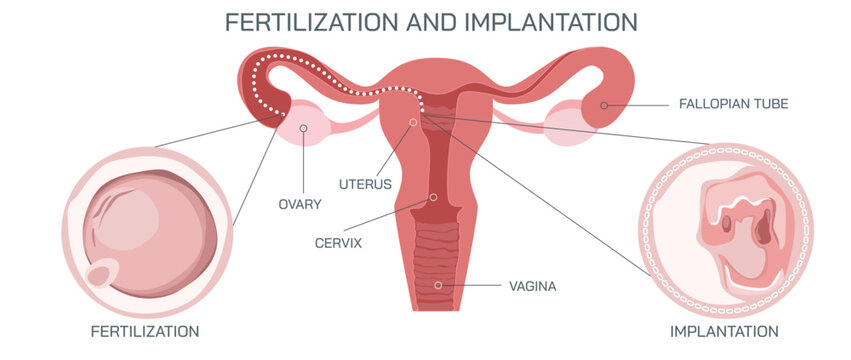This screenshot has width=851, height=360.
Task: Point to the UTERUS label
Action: point(365,184)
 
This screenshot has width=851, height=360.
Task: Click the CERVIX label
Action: point(339,242)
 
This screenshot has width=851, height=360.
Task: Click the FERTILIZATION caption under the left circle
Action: point(146,331)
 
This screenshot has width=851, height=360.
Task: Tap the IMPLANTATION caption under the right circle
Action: point(724,331)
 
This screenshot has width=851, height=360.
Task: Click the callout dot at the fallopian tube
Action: point(604,104)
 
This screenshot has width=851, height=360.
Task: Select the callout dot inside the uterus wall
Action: point(413,123)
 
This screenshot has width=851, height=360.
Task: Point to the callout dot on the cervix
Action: point(433,197)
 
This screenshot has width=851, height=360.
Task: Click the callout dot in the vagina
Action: point(437,286)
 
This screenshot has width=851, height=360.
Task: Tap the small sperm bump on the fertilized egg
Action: point(101,274)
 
